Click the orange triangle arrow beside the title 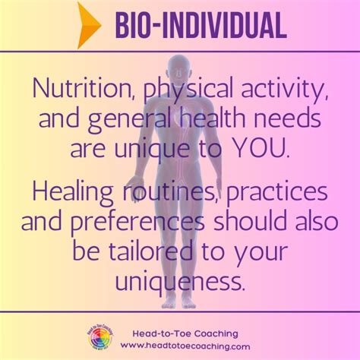click(89, 26)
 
